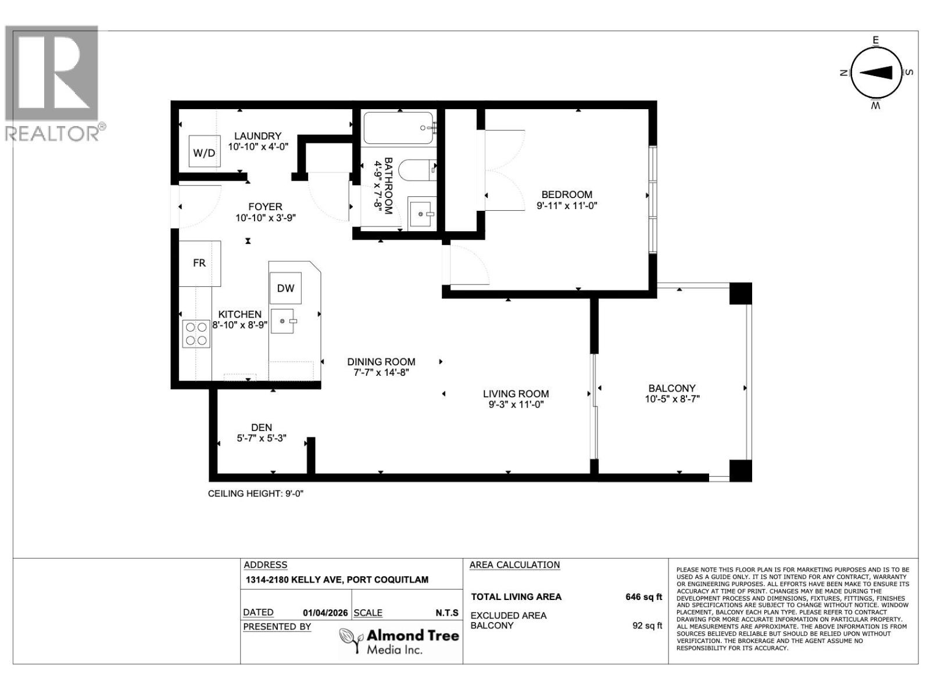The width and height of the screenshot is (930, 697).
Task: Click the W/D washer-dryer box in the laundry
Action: [x=204, y=152]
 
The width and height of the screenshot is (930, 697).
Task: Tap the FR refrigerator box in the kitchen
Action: [x=199, y=263]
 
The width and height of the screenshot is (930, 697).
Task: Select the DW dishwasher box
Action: [x=285, y=288]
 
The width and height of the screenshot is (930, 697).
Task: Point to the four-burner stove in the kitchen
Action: [x=196, y=334]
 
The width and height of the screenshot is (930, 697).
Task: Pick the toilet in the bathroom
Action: [x=417, y=170]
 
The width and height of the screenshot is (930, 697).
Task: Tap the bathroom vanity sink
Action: [x=422, y=214]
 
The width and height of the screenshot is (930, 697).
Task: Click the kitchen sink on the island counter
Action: [x=282, y=321]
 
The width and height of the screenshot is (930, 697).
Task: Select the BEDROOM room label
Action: [x=567, y=195]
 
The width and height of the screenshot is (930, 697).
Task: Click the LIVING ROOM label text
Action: [x=516, y=394]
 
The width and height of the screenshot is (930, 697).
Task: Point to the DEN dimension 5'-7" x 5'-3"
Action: [x=262, y=439]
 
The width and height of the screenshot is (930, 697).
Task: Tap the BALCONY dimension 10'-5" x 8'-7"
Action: [x=673, y=399]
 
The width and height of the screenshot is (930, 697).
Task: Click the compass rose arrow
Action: [x=876, y=73]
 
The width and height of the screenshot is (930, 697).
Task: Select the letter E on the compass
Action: [x=876, y=41]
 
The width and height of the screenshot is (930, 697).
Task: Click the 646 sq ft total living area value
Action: [x=643, y=597]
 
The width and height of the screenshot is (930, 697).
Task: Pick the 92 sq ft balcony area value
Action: [x=648, y=626]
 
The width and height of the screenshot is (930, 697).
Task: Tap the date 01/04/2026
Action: [x=325, y=613]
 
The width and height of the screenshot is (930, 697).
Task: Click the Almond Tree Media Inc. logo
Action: [x=399, y=641]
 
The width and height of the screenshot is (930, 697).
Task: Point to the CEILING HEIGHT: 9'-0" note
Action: [x=256, y=494]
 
